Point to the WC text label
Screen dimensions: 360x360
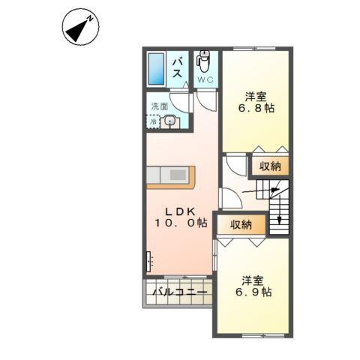pos(205,79)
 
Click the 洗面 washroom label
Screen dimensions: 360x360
pos(159,106)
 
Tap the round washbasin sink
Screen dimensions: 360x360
pos(170,121)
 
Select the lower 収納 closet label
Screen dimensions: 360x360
pos(241,224)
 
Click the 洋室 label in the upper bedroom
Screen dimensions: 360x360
pos(256,95)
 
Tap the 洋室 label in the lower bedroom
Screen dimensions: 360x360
pos(253,279)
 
